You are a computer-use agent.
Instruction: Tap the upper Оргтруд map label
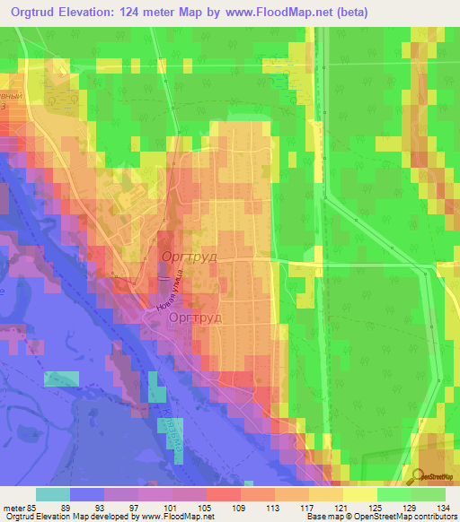pyautogui.click(x=190, y=257)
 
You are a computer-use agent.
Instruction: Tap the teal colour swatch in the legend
pyautogui.click(x=53, y=494)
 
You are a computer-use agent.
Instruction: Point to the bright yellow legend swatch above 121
pyautogui.click(x=360, y=494)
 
